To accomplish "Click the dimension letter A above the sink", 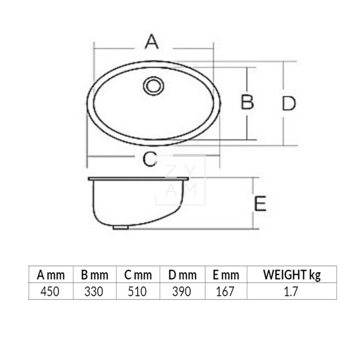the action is click(x=152, y=41).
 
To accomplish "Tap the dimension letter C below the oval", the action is click(x=149, y=159).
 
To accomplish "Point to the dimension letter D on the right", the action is click(x=289, y=103).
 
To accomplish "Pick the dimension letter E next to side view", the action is click(x=260, y=203).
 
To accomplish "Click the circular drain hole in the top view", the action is click(x=153, y=86).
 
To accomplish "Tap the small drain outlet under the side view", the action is click(x=120, y=227).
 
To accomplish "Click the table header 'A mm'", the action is click(x=51, y=274).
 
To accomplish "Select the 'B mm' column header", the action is click(x=94, y=274).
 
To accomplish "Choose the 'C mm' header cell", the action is click(x=138, y=274).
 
